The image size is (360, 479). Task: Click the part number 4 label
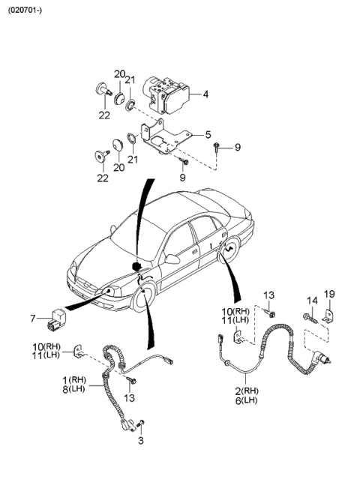pos(205,94)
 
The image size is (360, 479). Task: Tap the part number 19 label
pos(331,294)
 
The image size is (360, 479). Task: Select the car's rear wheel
pos(226,255)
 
